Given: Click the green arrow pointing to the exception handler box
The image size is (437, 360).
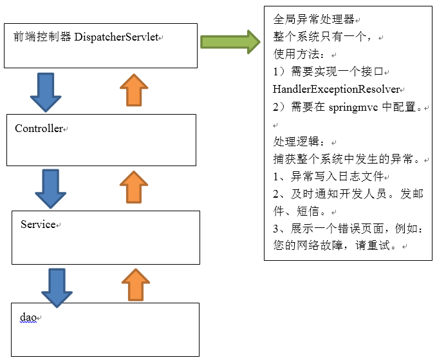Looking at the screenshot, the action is pyautogui.click(x=230, y=42).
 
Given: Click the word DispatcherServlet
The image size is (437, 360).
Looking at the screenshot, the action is pyautogui.click(x=116, y=37).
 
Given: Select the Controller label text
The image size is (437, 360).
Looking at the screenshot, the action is pyautogui.click(x=39, y=128).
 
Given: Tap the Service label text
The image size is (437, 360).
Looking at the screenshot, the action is pyautogui.click(x=38, y=224).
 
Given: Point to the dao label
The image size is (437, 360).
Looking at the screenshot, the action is pyautogui.click(x=28, y=317).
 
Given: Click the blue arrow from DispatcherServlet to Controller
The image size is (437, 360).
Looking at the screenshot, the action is pyautogui.click(x=46, y=93).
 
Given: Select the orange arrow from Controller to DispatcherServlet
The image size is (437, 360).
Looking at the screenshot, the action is pyautogui.click(x=134, y=90).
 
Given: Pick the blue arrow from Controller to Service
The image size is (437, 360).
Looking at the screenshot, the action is pyautogui.click(x=50, y=189).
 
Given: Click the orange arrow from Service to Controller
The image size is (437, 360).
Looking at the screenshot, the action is pyautogui.click(x=134, y=187).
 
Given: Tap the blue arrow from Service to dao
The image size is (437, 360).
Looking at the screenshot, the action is pyautogui.click(x=57, y=288).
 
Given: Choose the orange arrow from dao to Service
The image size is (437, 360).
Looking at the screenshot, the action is pyautogui.click(x=136, y=285).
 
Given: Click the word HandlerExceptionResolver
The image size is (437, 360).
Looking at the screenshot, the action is pyautogui.click(x=337, y=90).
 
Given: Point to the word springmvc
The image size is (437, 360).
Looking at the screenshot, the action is pyautogui.click(x=353, y=108).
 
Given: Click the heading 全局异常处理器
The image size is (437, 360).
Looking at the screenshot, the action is pyautogui.click(x=314, y=19).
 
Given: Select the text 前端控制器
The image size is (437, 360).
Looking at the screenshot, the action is pyautogui.click(x=42, y=37).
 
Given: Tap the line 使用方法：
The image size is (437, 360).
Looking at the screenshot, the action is pyautogui.click(x=299, y=54).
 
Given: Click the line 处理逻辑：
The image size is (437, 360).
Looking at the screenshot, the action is pyautogui.click(x=299, y=142).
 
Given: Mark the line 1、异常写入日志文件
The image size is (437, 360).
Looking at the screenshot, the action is pyautogui.click(x=328, y=176).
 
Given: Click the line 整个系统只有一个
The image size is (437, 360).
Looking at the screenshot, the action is pyautogui.click(x=322, y=37).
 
